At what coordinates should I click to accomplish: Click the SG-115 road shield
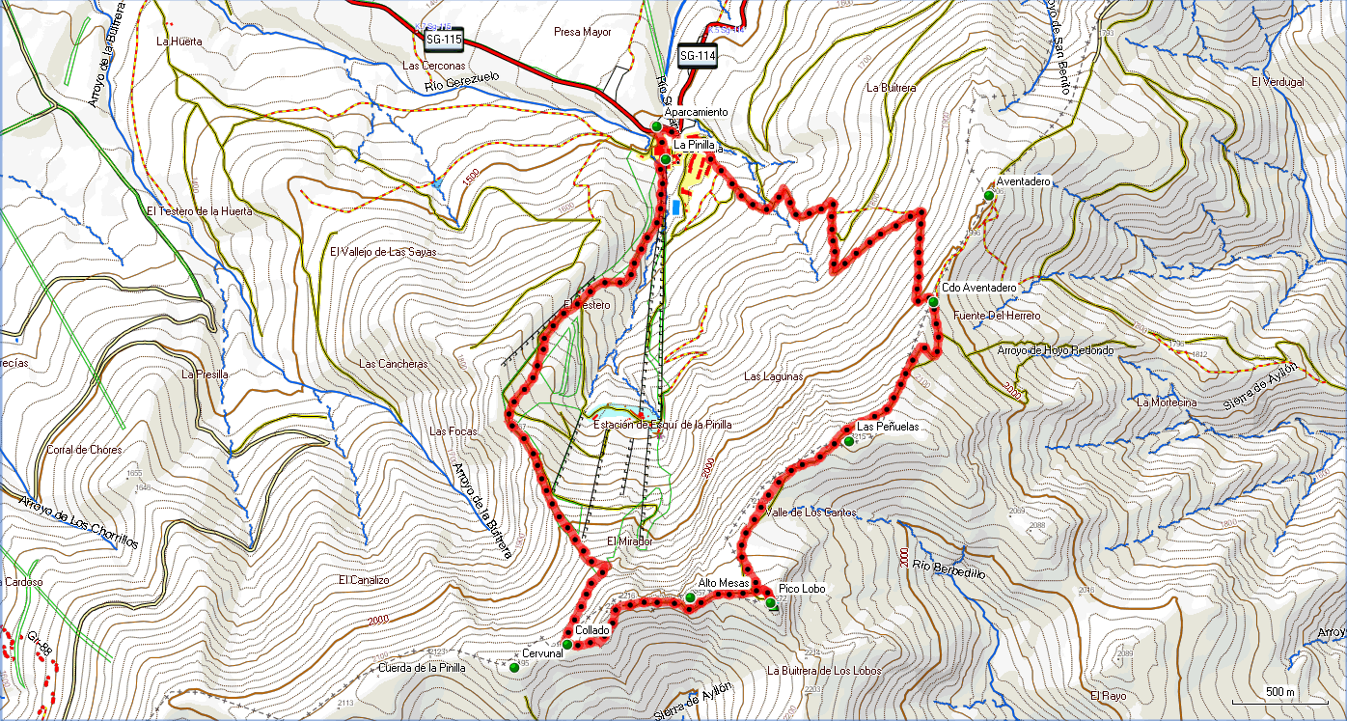pos(444,41)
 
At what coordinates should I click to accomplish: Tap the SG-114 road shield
pos(698,56)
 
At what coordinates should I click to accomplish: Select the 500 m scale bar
pos(1280,693)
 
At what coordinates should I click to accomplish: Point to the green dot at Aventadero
pos(988,196)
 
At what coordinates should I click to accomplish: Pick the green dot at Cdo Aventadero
pos(933,302)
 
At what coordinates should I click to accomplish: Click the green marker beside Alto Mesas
pos(690,597)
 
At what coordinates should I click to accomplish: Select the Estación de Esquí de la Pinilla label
pos(662,425)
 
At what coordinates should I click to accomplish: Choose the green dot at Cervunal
pos(514,667)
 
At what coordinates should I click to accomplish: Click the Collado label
pos(591,630)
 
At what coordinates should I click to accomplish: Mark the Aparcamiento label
pos(696,113)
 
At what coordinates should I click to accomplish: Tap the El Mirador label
pos(629,541)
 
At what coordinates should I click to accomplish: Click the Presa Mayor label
pos(583,32)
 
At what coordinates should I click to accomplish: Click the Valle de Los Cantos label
pos(811,513)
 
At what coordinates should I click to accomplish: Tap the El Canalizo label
pos(364,580)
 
